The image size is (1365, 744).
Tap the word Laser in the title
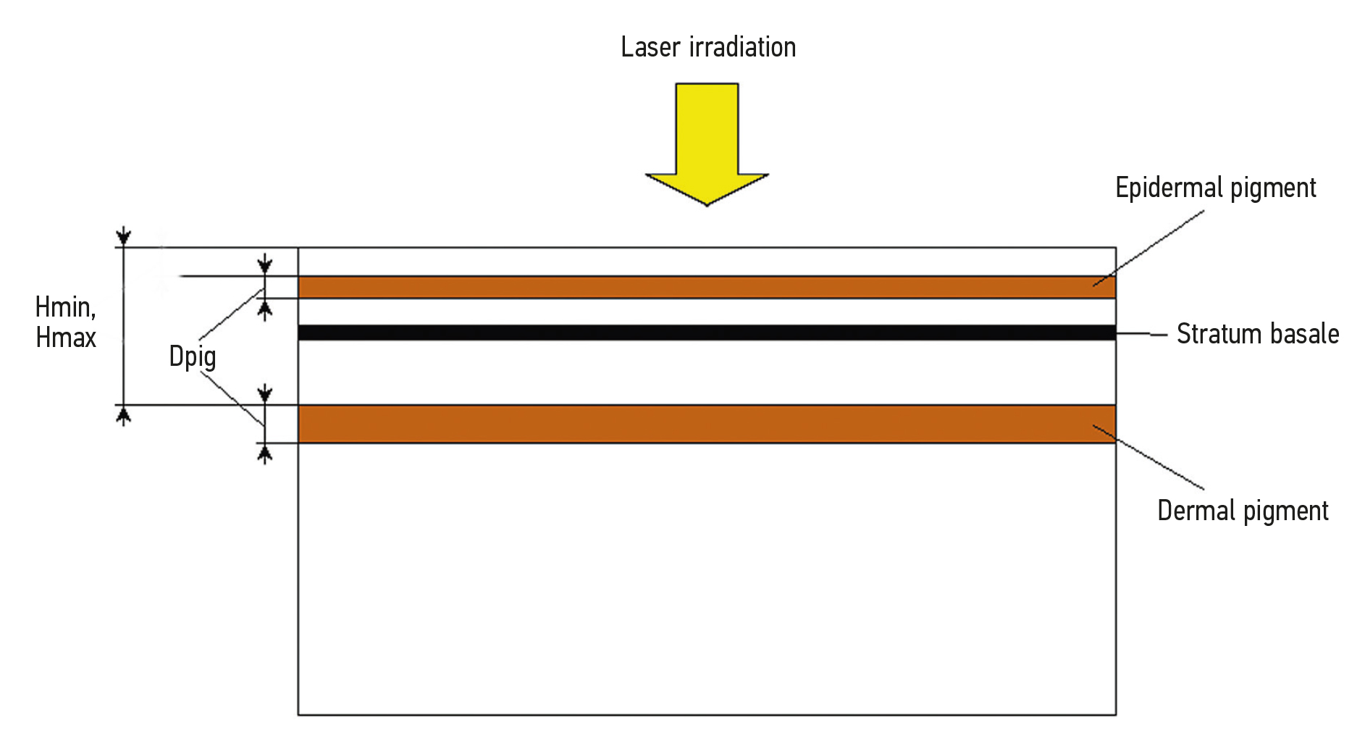click(650, 48)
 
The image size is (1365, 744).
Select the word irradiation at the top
click(742, 48)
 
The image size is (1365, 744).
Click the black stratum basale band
click(707, 333)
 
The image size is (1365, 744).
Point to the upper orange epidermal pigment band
click(707, 287)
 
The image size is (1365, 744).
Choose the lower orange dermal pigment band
click(707, 424)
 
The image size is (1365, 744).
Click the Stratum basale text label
click(1257, 334)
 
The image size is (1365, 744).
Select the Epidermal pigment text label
click(1215, 188)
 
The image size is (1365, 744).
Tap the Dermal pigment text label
click(1243, 511)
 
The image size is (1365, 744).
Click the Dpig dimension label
click(192, 356)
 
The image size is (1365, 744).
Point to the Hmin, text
click(65, 307)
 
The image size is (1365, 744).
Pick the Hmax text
click(66, 338)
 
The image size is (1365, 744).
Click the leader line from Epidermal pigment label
click(1149, 248)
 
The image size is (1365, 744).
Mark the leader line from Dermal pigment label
click(1149, 457)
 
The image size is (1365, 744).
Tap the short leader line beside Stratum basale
click(1142, 334)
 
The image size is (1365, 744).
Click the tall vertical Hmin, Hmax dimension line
click(124, 326)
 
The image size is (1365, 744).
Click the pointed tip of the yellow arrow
click(707, 204)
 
